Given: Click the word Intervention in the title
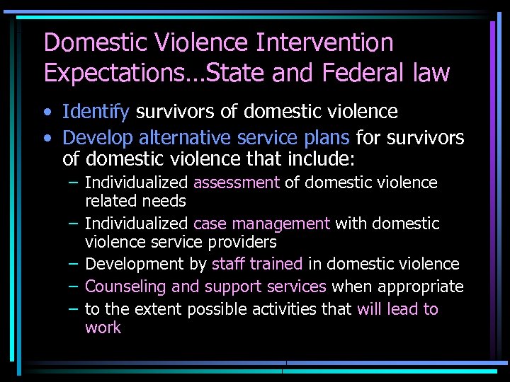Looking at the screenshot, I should (x=325, y=42).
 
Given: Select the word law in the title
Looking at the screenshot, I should (x=427, y=72).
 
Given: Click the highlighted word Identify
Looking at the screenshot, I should (x=96, y=112).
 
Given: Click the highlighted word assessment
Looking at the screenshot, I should (x=236, y=183).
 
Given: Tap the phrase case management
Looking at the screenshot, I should (x=261, y=224).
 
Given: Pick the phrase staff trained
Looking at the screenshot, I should (x=257, y=264).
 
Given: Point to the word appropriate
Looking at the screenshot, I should (x=421, y=286).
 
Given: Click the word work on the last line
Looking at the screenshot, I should (x=103, y=328).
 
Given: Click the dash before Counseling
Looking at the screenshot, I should (x=74, y=286).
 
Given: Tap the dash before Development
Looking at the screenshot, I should (x=74, y=264).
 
